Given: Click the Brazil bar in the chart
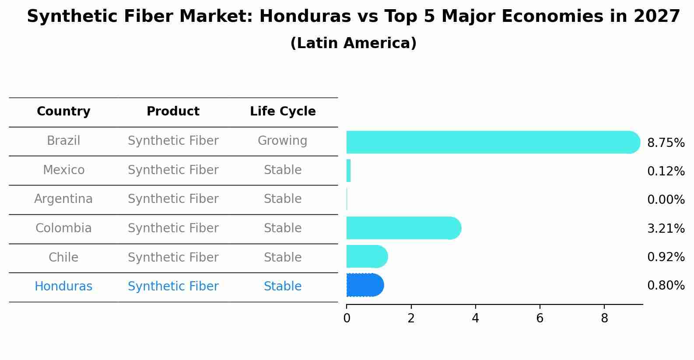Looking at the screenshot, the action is coord(493,142).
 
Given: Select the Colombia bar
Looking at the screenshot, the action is coord(404,228).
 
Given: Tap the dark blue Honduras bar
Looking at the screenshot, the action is coord(365,285).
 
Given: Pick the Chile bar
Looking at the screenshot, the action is coord(367,256).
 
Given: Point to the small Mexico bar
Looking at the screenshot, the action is coord(349,171).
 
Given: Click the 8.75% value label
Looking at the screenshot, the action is coord(666,143).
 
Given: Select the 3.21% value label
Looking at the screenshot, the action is coord(666,229).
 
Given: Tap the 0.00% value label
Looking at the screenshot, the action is coord(666,199).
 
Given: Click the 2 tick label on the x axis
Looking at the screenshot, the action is coord(411,318).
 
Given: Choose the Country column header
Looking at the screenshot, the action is coord(63,111).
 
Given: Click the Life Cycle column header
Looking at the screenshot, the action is coord(283,111).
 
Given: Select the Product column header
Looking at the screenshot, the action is coord(173,111).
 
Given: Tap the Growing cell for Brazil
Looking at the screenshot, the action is coord(283,141).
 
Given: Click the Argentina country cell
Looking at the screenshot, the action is coord(63,199).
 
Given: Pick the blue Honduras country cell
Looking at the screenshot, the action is coord(63,286).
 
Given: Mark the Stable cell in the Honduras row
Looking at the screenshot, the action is coord(283,286).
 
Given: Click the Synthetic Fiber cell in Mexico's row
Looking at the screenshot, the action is coord(173,170).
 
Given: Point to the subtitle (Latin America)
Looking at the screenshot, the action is coord(354,43).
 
